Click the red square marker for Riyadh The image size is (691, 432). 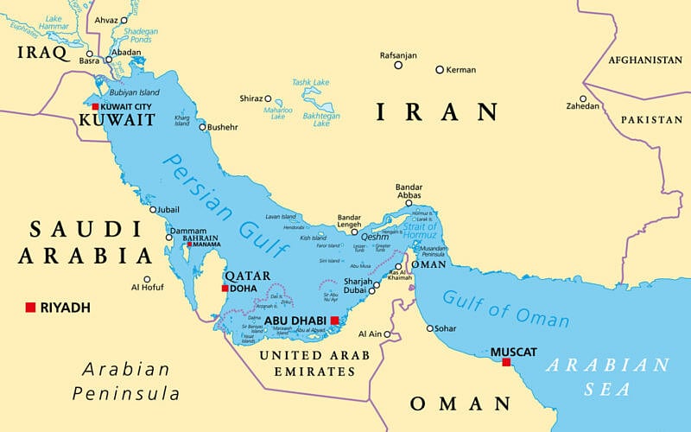click(30, 308)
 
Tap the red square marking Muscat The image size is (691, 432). click(506, 363)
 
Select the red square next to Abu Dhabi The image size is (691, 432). click(334, 320)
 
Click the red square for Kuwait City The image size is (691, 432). click(95, 106)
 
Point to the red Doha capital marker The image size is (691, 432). click(225, 289)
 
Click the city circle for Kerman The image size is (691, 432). click(439, 69)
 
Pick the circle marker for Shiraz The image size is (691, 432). click(268, 98)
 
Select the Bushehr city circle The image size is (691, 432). click(203, 127)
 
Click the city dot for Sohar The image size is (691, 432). click(430, 327)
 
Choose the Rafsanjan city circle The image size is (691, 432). click(398, 65)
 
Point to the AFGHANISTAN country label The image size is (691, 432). click(644, 60)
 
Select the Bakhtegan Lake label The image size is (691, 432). click(320, 118)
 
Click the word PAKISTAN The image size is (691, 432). click(651, 119)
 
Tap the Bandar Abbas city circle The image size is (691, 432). click(409, 203)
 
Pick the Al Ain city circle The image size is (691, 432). click(387, 334)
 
